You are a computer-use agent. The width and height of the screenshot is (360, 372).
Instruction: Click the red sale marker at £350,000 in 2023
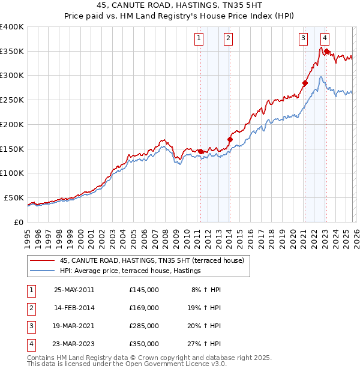[x=326, y=52]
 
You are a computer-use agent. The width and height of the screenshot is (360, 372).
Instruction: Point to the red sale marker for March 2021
[x=305, y=83]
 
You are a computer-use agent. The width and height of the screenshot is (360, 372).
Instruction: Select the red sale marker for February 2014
[x=230, y=139]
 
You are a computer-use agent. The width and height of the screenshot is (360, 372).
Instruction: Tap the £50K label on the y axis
[x=14, y=197]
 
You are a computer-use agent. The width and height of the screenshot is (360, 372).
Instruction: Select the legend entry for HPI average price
[x=130, y=271]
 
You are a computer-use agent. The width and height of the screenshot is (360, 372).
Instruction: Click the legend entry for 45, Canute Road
[x=152, y=261]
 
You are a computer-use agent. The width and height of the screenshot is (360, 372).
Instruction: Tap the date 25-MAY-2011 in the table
[x=74, y=290]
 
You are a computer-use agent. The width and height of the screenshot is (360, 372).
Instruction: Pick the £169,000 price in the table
[x=143, y=308]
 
